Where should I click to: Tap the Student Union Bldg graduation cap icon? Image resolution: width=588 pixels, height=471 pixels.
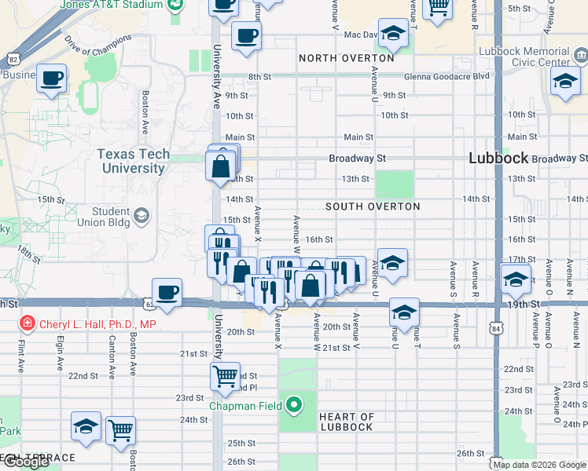pos(141,215)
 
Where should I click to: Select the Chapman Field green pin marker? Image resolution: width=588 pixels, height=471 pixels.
pos(294,405)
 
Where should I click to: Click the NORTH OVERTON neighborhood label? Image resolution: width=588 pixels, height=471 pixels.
pos(346,58)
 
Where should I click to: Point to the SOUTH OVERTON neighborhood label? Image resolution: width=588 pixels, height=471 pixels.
pos(373,206)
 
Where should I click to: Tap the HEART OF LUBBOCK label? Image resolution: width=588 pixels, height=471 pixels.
pos(346,422)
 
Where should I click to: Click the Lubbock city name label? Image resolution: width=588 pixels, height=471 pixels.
pos(498,158)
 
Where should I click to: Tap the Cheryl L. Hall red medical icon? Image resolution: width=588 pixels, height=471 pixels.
pos(27,323)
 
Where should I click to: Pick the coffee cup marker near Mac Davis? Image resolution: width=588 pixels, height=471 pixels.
pos(246,35)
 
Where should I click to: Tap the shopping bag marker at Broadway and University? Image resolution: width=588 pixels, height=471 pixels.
pos(221,166)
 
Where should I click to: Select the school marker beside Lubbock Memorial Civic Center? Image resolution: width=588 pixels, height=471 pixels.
pos(565,82)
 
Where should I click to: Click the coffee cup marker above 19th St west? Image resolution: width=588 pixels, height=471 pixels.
pos(167,292)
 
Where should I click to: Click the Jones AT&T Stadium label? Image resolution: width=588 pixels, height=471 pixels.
pos(110,5)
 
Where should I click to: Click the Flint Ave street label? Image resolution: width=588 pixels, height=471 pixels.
pos(19,355)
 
